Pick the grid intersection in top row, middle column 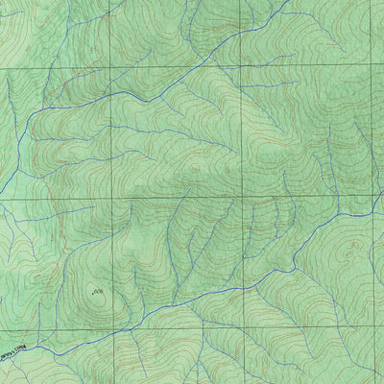240,67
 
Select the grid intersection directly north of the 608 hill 112,199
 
